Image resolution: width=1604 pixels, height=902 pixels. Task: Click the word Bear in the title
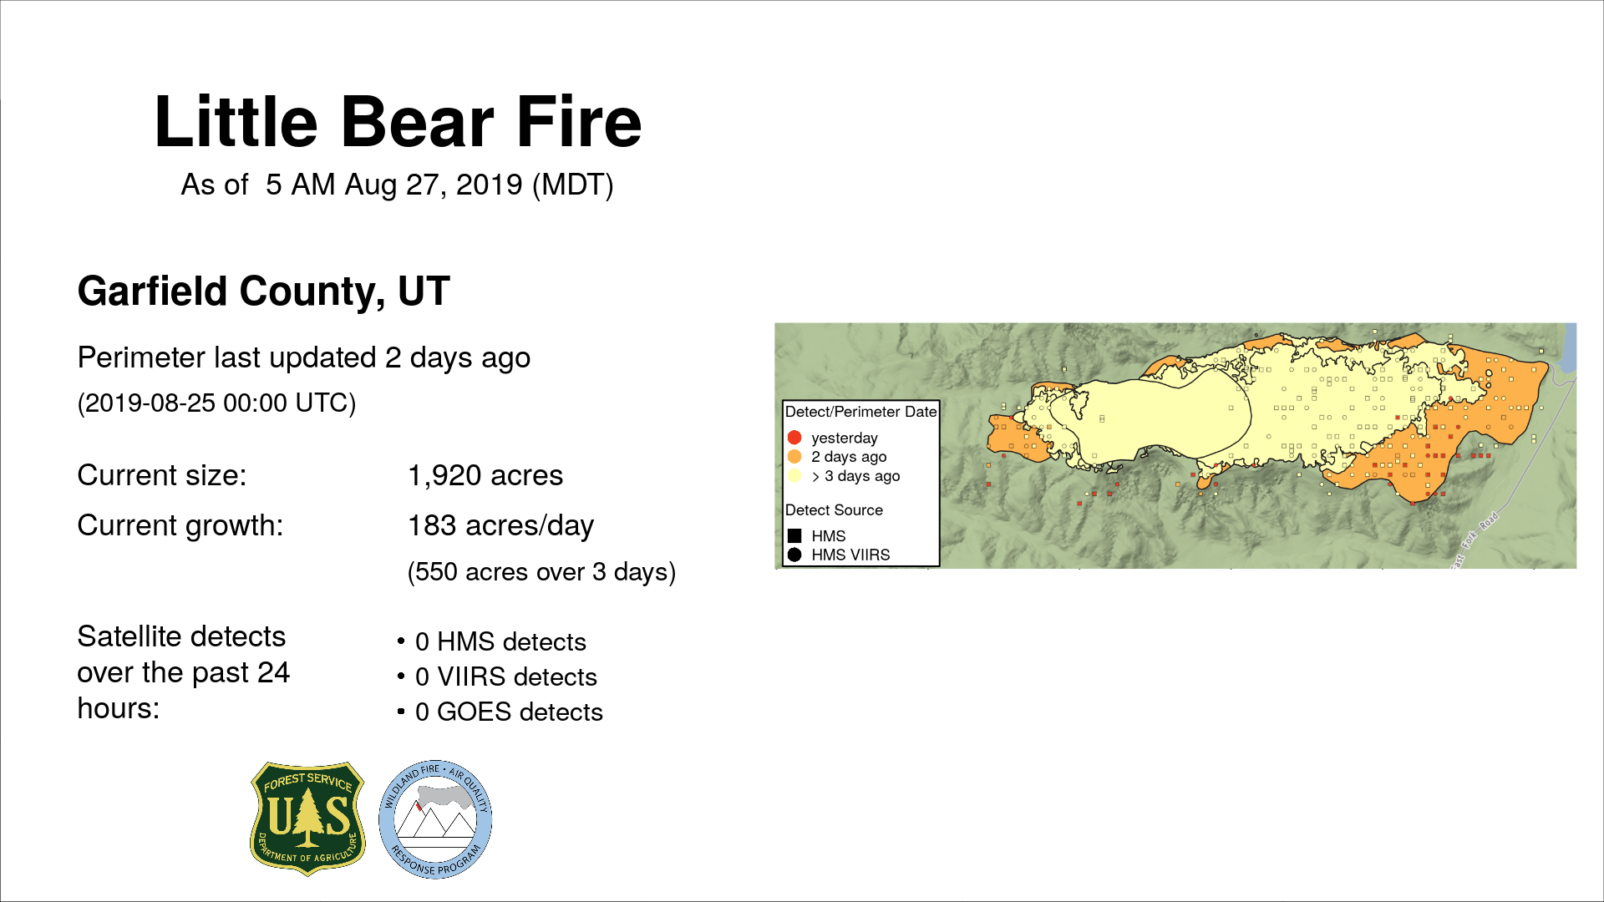[x=418, y=122]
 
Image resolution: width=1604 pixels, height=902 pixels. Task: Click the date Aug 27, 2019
[x=434, y=185]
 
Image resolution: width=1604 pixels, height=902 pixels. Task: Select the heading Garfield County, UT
[x=264, y=291]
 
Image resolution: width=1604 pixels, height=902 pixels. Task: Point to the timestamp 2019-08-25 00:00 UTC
[x=216, y=403]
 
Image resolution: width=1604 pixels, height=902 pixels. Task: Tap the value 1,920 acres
[x=485, y=475]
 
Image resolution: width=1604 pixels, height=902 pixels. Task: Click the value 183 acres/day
[x=500, y=526]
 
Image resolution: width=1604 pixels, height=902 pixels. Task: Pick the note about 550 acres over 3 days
[x=541, y=572]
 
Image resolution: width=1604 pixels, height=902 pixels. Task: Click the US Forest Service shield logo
[x=308, y=818]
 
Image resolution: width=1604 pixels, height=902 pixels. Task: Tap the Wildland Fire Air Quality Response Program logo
[x=435, y=819]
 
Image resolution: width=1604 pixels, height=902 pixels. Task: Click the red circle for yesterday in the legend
[x=794, y=438]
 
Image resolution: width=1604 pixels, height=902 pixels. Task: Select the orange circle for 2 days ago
[x=794, y=457]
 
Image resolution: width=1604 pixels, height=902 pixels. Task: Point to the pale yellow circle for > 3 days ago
[x=794, y=476]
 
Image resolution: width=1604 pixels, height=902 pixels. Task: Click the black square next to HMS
[x=794, y=536]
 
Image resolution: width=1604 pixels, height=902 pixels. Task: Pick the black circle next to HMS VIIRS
[x=794, y=555]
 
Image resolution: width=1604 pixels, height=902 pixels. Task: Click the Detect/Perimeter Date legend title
[x=861, y=412]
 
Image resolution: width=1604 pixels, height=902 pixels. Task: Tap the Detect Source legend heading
[x=834, y=510]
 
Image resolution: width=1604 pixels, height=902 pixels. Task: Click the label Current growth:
[x=180, y=526]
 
